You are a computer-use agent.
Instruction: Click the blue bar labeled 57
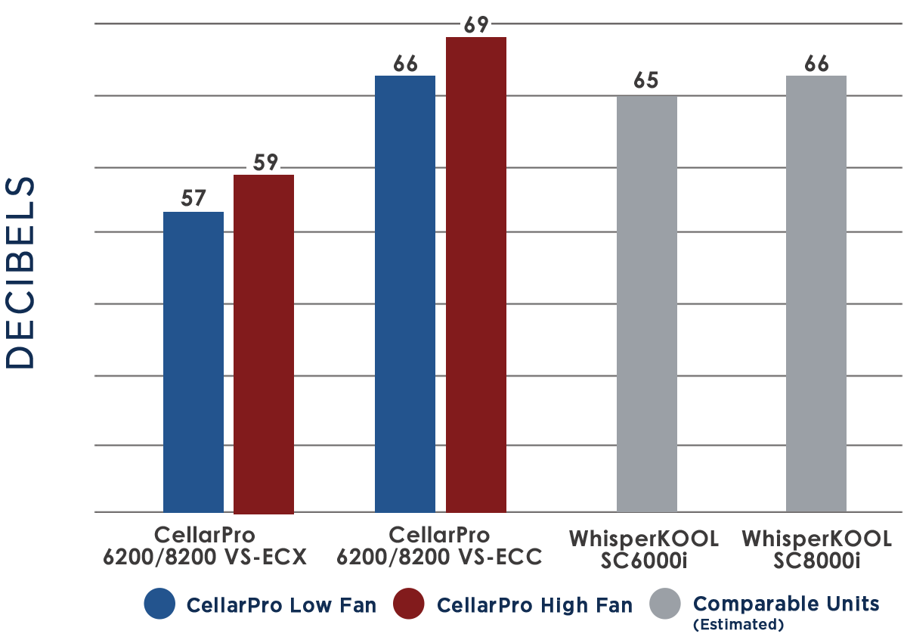click(x=193, y=362)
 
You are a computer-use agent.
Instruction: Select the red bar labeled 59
click(x=264, y=344)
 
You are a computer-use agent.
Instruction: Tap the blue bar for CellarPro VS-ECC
click(x=405, y=294)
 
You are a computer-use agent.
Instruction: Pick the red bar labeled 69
click(x=475, y=275)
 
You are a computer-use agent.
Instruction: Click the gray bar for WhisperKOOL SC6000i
click(x=647, y=304)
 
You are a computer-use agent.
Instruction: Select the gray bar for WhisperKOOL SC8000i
click(x=816, y=294)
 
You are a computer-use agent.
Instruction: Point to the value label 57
click(x=193, y=198)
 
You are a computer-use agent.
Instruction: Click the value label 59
click(x=265, y=163)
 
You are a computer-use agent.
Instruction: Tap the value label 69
click(x=476, y=25)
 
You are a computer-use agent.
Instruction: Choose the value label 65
click(x=645, y=80)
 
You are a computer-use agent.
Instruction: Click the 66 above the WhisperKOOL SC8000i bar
click(x=816, y=64)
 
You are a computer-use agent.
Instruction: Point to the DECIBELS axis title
click(x=20, y=273)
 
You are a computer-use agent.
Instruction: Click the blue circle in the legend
click(x=159, y=604)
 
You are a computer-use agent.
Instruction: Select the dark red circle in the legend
click(x=409, y=604)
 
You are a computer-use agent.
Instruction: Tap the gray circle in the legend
click(x=665, y=604)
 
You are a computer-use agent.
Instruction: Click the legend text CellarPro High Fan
click(x=534, y=605)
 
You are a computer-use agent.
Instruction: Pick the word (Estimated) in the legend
click(x=738, y=625)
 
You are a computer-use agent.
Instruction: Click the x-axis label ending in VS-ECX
click(x=205, y=545)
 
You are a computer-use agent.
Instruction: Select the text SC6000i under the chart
click(x=644, y=561)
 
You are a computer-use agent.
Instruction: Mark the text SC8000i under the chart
click(x=817, y=561)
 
